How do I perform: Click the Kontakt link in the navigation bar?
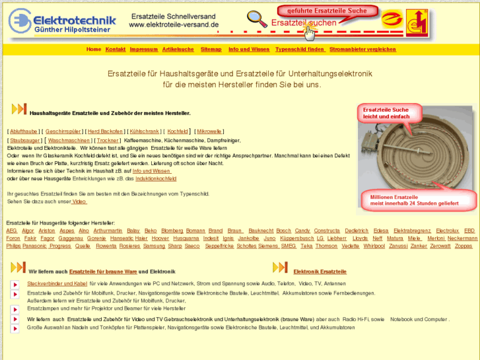116,50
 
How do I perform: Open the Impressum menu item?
144,50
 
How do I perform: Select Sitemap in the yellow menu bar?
211,50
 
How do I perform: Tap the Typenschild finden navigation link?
300,50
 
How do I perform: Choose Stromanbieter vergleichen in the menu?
362,50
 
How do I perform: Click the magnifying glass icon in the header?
257,19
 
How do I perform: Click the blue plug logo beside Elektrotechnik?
20,20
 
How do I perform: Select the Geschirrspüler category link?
63,131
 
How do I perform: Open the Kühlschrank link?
144,131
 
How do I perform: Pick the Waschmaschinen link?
69,141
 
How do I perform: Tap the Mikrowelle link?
209,131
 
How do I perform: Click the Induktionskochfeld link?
156,179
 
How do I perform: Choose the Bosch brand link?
283,231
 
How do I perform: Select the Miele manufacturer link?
414,238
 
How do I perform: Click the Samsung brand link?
154,246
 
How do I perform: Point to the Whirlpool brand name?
374,246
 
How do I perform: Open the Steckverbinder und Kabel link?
57,283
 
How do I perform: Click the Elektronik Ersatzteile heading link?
320,271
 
